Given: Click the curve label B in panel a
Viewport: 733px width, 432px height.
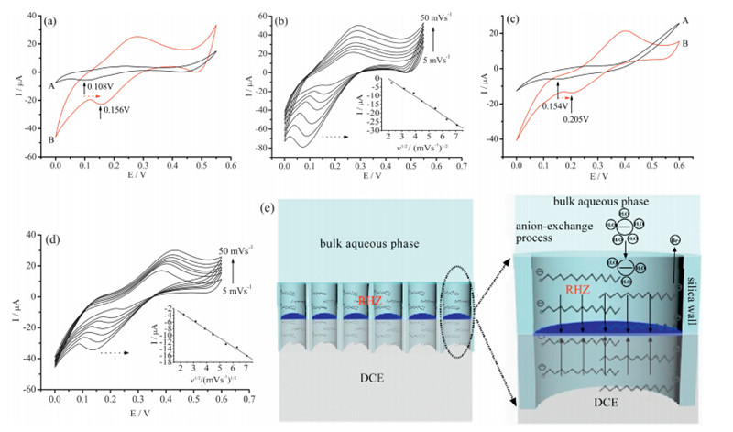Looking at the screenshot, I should pyautogui.click(x=52, y=139).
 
